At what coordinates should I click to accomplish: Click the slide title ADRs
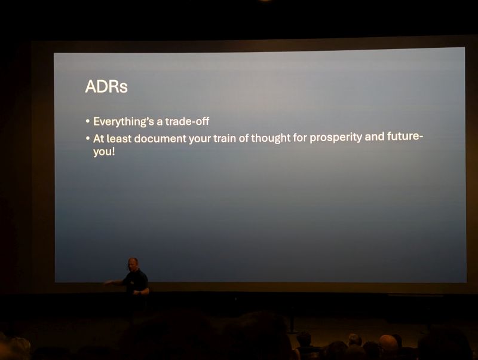(x=106, y=86)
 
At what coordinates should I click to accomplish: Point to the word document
(x=160, y=139)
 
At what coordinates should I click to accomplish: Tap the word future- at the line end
(x=405, y=136)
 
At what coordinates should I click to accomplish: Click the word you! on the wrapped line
(x=104, y=152)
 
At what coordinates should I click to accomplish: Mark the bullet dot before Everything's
(x=88, y=121)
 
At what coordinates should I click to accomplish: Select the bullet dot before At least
(x=88, y=139)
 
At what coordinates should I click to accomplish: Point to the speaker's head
(x=133, y=264)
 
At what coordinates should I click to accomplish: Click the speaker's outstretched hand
(x=108, y=282)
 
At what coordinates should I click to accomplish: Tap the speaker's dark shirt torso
(x=136, y=282)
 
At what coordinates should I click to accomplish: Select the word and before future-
(x=375, y=137)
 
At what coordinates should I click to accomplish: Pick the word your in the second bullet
(x=200, y=139)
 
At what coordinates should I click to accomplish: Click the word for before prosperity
(x=300, y=138)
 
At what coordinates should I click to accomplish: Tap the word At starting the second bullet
(x=99, y=139)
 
